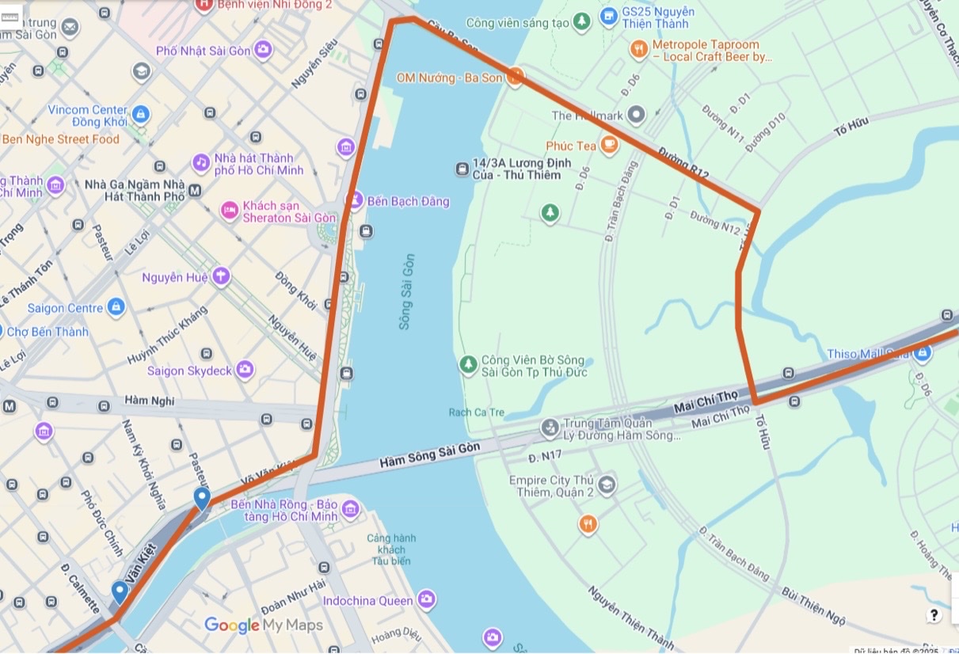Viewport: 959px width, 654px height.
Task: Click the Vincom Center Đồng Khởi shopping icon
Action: (x=141, y=115)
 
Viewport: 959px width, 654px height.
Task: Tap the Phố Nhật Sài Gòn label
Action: (x=203, y=51)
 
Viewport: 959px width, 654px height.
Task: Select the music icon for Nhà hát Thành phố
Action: (x=201, y=163)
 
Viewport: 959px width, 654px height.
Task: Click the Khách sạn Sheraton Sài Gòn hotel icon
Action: (x=230, y=211)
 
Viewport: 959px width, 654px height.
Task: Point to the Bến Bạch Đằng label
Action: (x=408, y=201)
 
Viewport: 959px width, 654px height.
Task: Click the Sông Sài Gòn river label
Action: (x=406, y=291)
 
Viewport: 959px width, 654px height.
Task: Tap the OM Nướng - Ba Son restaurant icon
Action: (x=516, y=77)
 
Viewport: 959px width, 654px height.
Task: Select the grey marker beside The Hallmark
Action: (x=636, y=116)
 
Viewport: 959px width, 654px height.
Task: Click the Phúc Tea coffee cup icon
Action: (x=609, y=145)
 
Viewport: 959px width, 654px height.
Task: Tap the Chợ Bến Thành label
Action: (x=48, y=332)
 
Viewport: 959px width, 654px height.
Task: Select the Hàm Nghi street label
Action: (x=150, y=401)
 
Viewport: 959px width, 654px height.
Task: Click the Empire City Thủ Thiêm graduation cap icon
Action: (x=607, y=484)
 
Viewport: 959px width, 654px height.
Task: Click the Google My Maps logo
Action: (x=263, y=625)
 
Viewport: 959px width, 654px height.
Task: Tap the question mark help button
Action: (x=934, y=615)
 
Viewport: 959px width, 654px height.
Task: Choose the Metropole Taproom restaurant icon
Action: (x=639, y=50)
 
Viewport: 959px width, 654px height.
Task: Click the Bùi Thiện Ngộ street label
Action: (x=814, y=605)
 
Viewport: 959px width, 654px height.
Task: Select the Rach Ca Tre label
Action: (x=476, y=413)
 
